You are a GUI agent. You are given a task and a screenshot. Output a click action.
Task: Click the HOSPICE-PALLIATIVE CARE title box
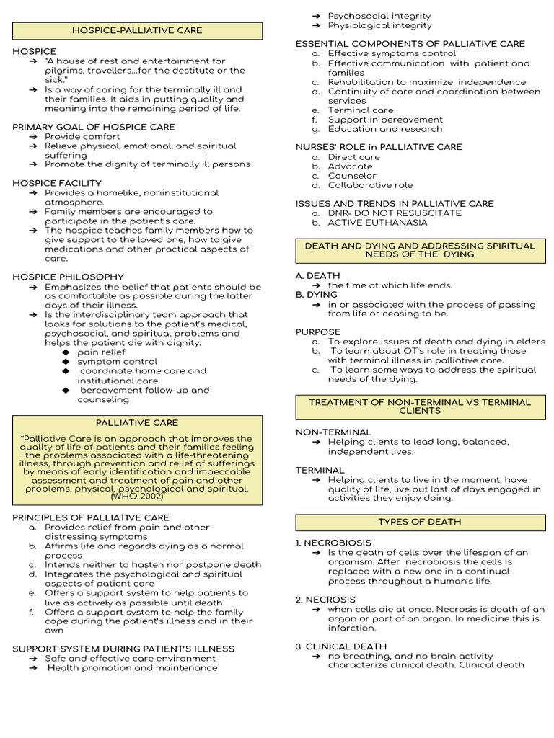137,30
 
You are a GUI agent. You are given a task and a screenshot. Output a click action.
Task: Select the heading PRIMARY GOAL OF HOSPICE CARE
94,127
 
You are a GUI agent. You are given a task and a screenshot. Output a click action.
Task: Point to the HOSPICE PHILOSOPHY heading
69,277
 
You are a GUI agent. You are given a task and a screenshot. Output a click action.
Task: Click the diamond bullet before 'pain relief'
66,352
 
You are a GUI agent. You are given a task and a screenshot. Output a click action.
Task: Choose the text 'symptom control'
117,362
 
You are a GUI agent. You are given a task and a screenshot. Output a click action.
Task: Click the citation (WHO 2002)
137,497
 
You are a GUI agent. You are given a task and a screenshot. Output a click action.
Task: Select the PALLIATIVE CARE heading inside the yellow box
137,422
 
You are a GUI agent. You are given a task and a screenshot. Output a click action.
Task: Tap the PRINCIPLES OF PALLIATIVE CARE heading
91,517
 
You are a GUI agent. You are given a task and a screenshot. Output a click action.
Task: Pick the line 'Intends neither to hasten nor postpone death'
153,565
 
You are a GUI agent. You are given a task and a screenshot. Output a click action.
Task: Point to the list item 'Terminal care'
361,110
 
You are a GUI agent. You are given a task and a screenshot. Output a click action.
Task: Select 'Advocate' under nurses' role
351,166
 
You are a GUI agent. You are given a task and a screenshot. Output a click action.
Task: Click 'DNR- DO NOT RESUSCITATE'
395,213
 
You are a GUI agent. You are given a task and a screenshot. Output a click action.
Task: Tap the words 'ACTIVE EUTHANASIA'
377,223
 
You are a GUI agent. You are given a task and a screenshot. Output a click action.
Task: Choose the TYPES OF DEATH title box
419,522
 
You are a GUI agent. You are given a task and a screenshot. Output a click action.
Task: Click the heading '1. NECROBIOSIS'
333,543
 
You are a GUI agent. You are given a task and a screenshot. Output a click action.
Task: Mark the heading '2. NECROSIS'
325,600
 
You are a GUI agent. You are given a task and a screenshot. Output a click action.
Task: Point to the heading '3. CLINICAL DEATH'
341,646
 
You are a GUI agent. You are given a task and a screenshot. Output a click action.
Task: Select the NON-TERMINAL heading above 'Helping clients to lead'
333,432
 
